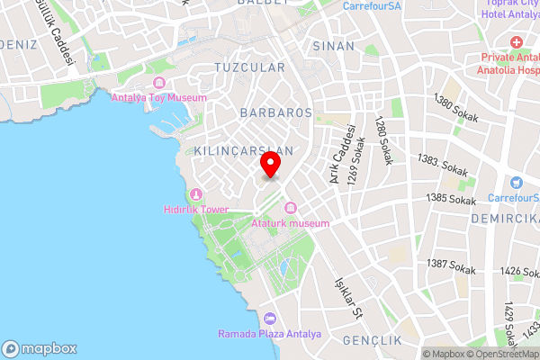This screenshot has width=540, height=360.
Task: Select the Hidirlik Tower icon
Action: coord(197,193)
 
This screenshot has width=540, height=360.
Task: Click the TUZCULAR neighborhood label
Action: coord(250,67)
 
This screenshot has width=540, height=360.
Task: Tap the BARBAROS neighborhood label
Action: coord(276,112)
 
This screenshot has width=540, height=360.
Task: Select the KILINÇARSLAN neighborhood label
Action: coord(243,150)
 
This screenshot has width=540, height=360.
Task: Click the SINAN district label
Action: coord(334,45)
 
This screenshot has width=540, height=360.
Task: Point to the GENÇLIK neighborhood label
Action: coord(372,340)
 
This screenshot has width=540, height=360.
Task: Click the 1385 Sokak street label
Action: coord(451,199)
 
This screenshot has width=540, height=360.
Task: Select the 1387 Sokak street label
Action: coord(451,265)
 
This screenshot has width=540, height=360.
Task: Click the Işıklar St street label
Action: coord(347,298)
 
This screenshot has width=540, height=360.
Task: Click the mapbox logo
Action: coord(40,348)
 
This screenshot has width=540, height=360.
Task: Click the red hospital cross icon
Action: coord(517,43)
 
